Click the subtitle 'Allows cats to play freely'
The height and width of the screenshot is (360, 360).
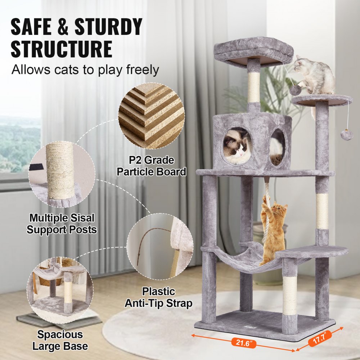pos(85,69)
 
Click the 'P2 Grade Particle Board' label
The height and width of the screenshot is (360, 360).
pos(151,166)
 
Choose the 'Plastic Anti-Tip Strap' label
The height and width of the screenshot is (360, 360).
pos(158,297)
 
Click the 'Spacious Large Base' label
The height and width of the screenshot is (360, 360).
pos(60,340)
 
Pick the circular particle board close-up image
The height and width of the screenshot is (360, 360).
pos(152,115)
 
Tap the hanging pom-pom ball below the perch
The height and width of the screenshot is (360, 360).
pos(346,135)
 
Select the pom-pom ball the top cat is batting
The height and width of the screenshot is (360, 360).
pos(295,90)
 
